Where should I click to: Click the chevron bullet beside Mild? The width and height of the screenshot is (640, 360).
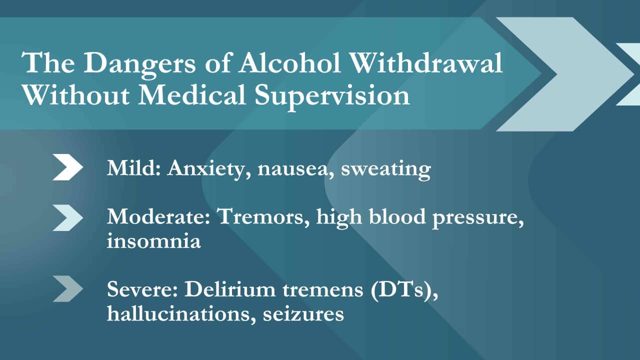tap(68, 167)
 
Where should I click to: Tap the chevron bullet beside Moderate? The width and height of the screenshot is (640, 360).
tap(68, 218)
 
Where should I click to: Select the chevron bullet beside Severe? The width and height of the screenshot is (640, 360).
tap(68, 289)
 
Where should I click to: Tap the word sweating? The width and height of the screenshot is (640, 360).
tap(385, 169)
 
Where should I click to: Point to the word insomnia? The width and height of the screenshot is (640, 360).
tap(153, 241)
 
